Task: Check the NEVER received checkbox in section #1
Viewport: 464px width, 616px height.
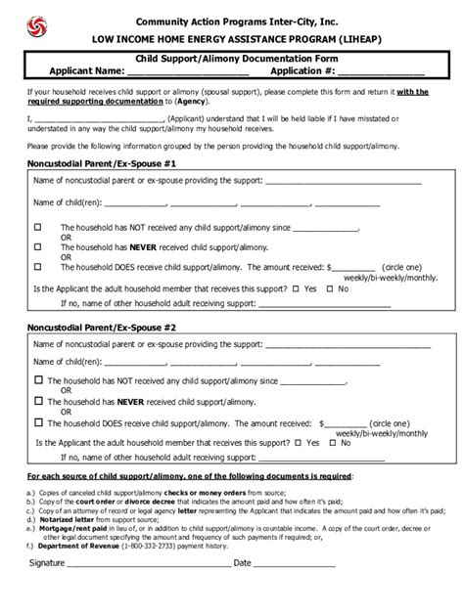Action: coord(38,246)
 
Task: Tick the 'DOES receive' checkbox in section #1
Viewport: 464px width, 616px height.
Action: coord(38,265)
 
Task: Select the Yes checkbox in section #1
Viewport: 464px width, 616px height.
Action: coord(298,288)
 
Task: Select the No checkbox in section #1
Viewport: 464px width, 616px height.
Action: coord(333,288)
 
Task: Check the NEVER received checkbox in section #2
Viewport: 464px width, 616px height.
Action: coord(38,400)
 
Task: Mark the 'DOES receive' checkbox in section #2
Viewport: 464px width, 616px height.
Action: coord(38,423)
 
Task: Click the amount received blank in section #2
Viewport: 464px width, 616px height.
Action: coord(352,422)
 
